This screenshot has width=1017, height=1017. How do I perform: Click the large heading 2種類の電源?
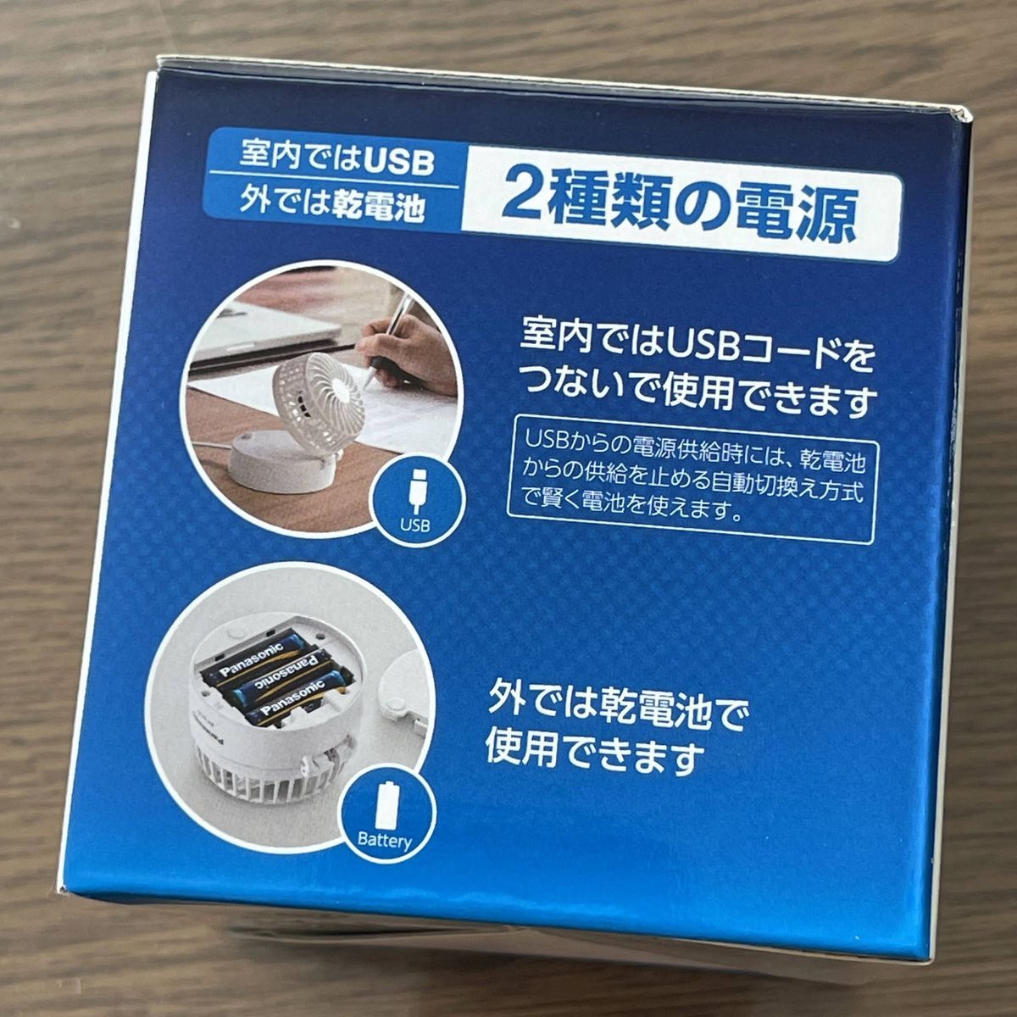(679, 206)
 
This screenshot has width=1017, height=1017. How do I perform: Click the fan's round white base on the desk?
(279, 460)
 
